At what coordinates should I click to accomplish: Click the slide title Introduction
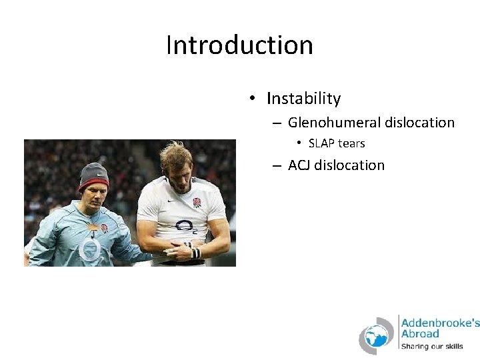(x=239, y=45)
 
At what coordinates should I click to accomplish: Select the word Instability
(x=303, y=99)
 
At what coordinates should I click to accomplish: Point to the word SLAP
(x=322, y=143)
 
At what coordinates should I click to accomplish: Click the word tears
(x=351, y=143)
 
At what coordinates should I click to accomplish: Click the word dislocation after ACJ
(x=349, y=165)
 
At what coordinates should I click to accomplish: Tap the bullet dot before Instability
(x=253, y=99)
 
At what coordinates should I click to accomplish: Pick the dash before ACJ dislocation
(x=276, y=165)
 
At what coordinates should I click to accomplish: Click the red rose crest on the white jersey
(x=197, y=203)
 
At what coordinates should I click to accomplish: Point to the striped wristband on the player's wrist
(x=195, y=253)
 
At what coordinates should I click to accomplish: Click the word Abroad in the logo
(x=420, y=334)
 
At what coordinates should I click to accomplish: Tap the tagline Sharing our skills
(x=431, y=347)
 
